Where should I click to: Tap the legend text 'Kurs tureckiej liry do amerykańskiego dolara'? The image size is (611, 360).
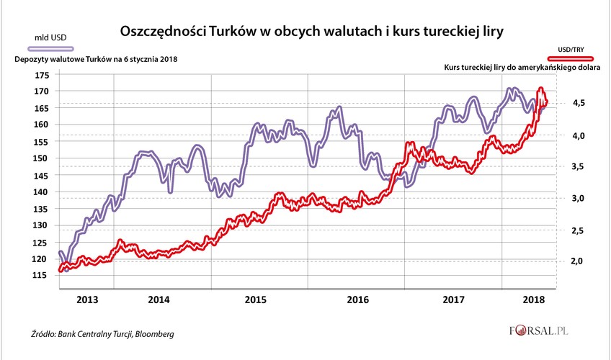coord(522,66)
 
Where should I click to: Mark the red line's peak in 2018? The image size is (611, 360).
coord(541,89)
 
